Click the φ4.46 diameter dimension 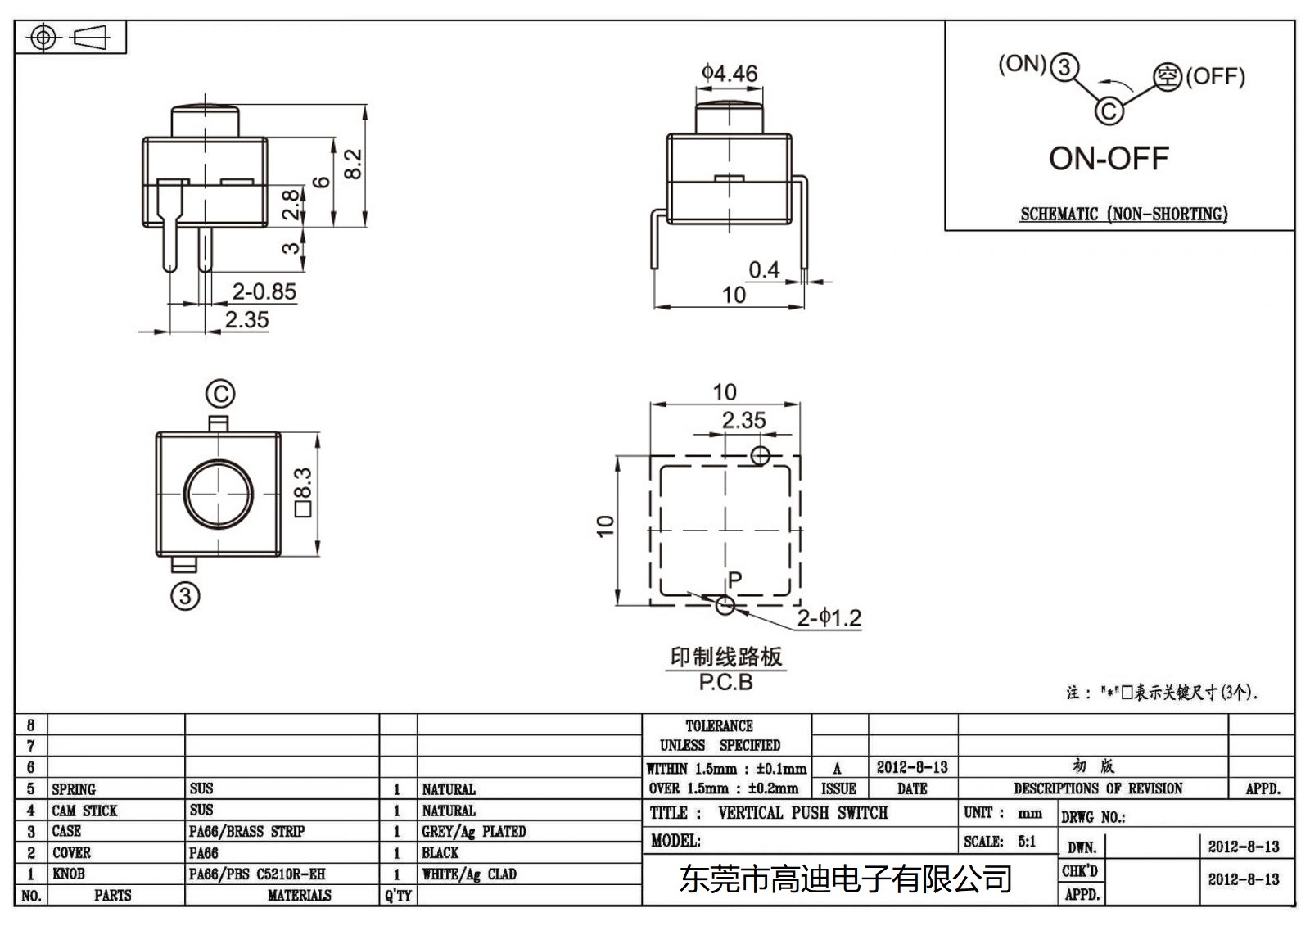coord(729,74)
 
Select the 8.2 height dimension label coord(353,164)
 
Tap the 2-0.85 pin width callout coord(264,291)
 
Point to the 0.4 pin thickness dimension coord(764,269)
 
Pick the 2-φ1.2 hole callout coord(829,617)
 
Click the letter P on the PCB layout coord(735,580)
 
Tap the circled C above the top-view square coord(219,395)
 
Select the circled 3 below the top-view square coord(185,595)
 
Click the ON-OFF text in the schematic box coord(1109,159)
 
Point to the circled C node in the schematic coord(1109,110)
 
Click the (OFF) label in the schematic coord(1215,77)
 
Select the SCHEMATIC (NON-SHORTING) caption coord(1123,215)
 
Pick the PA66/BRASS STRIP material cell coord(246,831)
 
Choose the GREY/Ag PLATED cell coord(473,831)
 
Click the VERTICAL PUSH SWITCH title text coord(802,813)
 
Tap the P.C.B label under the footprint coord(725,682)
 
